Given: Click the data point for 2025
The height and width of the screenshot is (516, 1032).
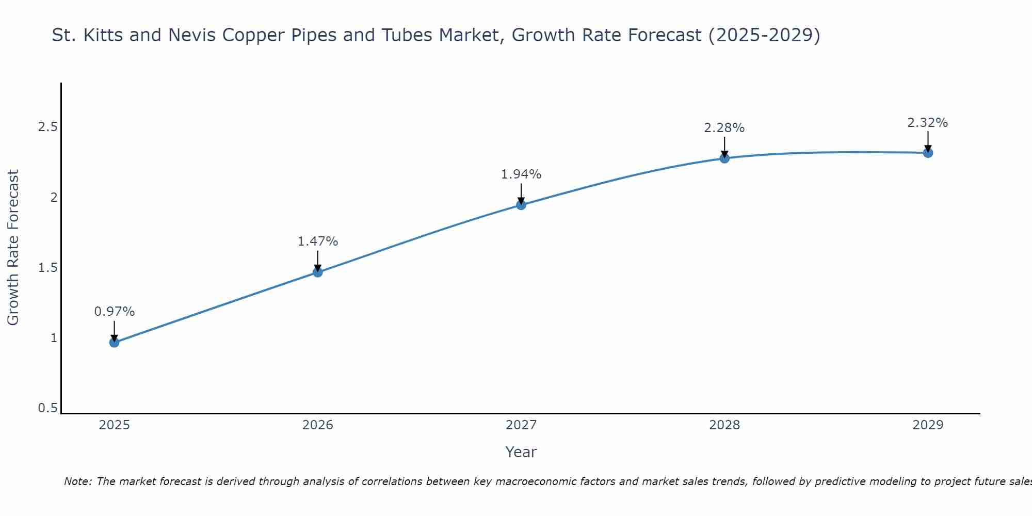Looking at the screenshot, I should [x=115, y=342].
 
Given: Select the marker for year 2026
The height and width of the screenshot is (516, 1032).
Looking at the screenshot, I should [x=318, y=272].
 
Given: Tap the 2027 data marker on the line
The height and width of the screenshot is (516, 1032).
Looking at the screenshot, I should [x=521, y=205].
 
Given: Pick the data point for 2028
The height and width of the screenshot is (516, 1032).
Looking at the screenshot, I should [x=724, y=158].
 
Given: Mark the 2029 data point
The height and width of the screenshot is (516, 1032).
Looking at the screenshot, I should [x=928, y=153].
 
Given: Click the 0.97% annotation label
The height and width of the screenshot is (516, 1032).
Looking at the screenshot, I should [x=115, y=312].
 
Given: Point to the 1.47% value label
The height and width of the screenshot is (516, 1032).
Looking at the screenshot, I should [x=318, y=241].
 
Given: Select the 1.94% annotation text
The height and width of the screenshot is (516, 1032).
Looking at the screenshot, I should [x=521, y=174].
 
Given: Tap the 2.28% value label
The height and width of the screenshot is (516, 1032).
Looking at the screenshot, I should [x=724, y=128].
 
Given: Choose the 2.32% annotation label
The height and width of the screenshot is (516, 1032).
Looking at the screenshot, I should [x=928, y=123].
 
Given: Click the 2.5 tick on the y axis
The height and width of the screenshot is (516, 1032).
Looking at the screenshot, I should [x=47, y=127].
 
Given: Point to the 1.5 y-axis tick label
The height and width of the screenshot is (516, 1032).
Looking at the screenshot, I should [x=47, y=268].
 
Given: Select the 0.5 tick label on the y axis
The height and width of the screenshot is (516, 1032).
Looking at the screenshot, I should [x=47, y=408].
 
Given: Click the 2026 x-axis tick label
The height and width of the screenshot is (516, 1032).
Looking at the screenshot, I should [x=318, y=425].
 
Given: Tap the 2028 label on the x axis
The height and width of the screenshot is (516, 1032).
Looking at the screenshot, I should [x=724, y=425].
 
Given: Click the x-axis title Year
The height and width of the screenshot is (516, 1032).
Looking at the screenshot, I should [x=521, y=452].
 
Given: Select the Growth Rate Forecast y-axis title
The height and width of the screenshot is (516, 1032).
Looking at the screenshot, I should [x=13, y=248].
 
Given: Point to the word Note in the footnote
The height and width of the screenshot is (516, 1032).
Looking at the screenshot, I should [x=77, y=481].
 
